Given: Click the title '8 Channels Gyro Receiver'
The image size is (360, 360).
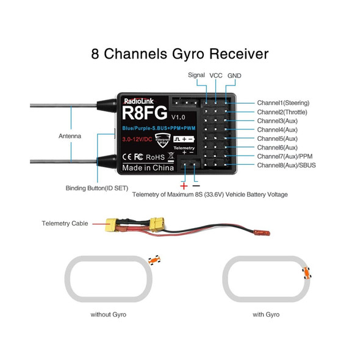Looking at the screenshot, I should (x=179, y=54).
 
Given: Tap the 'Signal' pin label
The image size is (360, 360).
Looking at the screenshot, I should (x=196, y=74).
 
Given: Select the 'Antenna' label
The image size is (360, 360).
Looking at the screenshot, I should (x=70, y=135).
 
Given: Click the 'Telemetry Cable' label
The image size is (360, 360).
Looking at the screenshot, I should (x=66, y=224).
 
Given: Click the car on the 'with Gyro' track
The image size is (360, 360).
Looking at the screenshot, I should (x=307, y=272).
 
